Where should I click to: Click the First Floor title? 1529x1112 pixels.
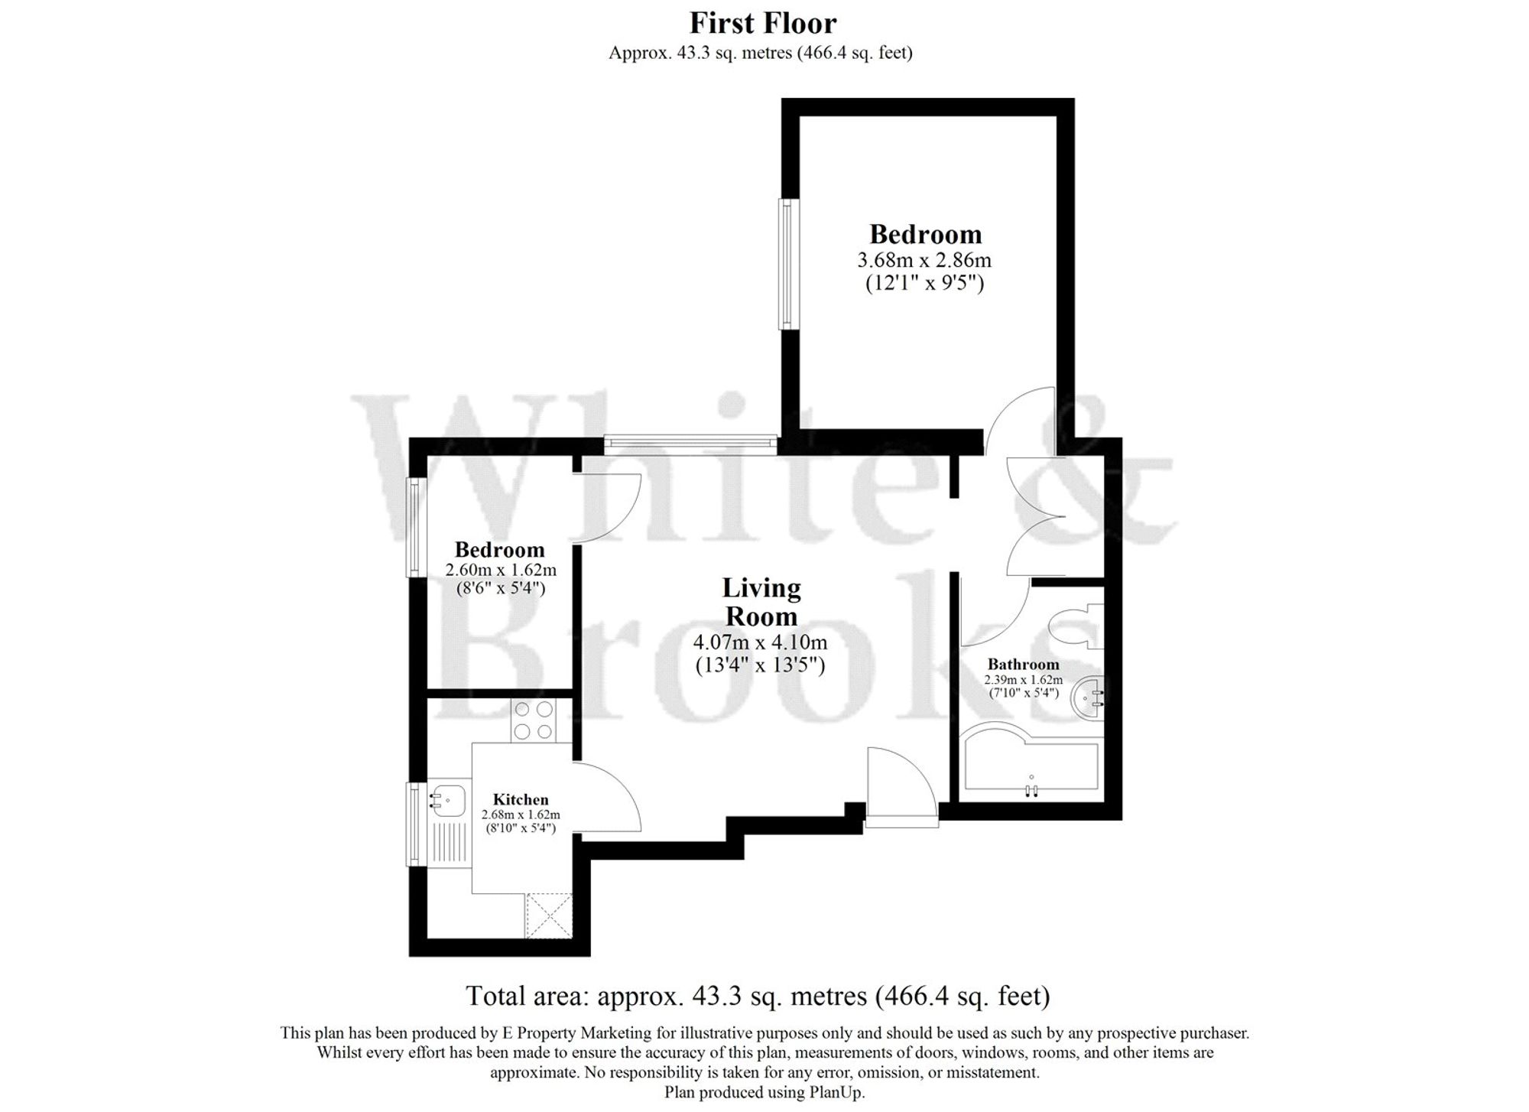pos(763,24)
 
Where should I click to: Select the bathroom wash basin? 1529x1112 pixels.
pos(1086,697)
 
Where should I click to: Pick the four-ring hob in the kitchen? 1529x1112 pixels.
pos(534,720)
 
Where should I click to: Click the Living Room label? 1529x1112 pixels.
pos(761,602)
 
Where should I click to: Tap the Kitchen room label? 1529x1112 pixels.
pos(521,800)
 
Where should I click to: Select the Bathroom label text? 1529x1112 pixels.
pos(1023,664)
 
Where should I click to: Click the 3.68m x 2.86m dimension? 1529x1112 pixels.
pos(924,260)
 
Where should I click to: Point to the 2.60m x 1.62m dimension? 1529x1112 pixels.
pos(501,570)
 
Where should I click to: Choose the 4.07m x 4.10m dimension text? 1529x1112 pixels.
pos(760,642)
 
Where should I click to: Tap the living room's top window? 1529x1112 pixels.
pos(690,444)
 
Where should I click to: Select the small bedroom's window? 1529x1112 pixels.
pos(415,527)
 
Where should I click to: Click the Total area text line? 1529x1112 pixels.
pos(758,996)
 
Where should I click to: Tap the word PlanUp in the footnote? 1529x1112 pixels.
pos(839,1092)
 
